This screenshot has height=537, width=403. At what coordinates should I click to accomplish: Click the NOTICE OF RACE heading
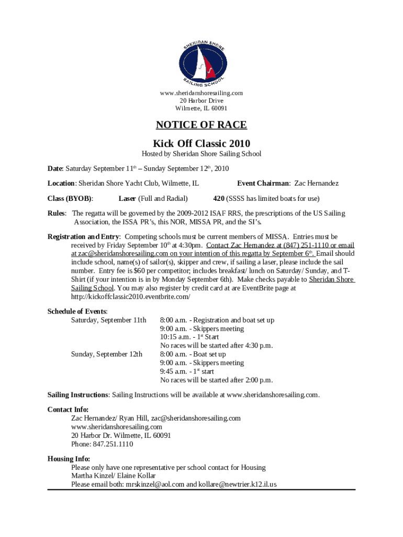(201, 125)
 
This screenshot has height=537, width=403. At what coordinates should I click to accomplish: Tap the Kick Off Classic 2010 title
(201, 143)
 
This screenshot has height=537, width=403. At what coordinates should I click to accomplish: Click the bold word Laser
(127, 199)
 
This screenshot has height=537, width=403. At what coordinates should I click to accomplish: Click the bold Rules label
(57, 213)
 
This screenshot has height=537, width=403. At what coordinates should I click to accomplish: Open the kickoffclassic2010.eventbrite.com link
(131, 296)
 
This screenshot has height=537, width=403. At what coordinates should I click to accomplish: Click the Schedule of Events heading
(77, 312)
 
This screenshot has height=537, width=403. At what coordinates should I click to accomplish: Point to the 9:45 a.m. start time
(172, 372)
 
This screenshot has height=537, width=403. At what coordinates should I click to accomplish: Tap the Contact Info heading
(68, 410)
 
